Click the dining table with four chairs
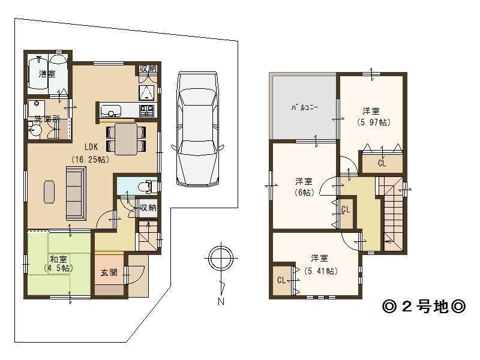pyautogui.click(x=127, y=138)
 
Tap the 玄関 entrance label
pyautogui.click(x=109, y=273)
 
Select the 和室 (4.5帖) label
pyautogui.click(x=58, y=264)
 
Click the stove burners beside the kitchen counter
pyautogui.click(x=146, y=110)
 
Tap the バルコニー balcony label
pyautogui.click(x=304, y=108)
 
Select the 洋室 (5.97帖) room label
pyautogui.click(x=371, y=116)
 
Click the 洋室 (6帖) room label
pyautogui.click(x=304, y=187)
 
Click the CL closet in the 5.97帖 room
pyautogui.click(x=382, y=163)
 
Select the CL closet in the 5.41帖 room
pyautogui.click(x=281, y=280)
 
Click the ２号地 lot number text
pyautogui.click(x=424, y=307)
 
